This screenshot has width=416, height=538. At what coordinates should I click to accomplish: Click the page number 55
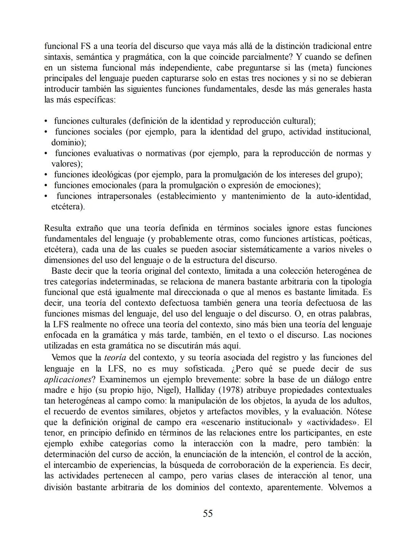pos(208,513)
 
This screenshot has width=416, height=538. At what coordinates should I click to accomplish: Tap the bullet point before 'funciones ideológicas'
pos(46,175)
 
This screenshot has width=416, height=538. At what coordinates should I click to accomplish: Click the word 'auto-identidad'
pos(344,196)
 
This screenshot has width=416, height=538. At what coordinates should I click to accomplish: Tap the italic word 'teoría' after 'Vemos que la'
pos(115,357)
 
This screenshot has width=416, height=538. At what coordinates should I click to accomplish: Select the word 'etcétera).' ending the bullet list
pos(68,207)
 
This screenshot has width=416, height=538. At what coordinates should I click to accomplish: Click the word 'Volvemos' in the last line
pos(346,487)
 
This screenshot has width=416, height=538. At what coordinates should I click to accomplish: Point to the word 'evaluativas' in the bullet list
pos(114,153)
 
